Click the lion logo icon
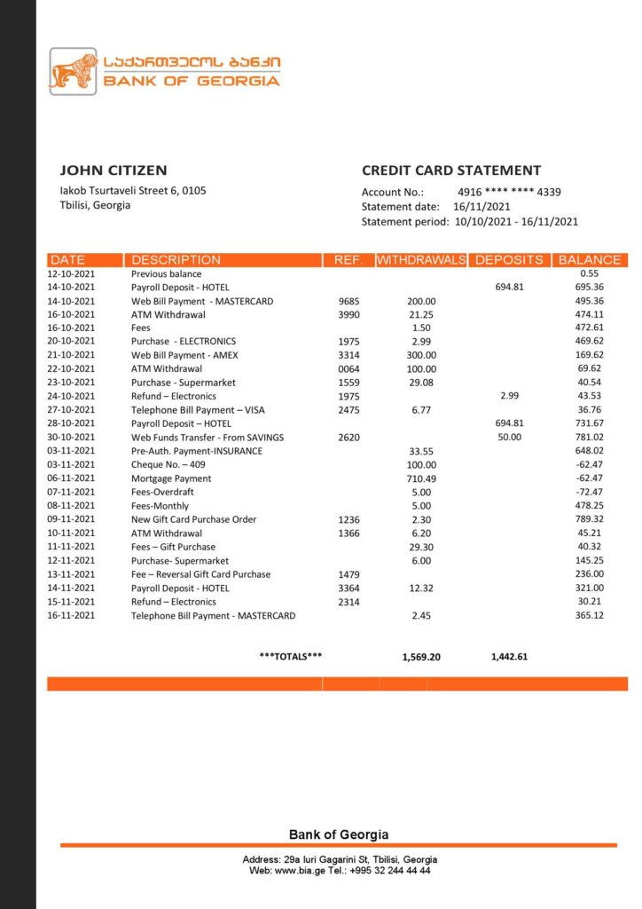73,71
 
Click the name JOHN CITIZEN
113,170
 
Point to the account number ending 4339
509,192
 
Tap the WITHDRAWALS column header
421,260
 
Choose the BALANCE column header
590,260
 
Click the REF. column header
348,260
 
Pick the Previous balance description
167,274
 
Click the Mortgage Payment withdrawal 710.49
422,478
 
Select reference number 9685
348,301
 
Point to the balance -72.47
588,492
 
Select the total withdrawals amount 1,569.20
421,657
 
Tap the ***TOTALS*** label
291,657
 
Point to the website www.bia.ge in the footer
297,871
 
